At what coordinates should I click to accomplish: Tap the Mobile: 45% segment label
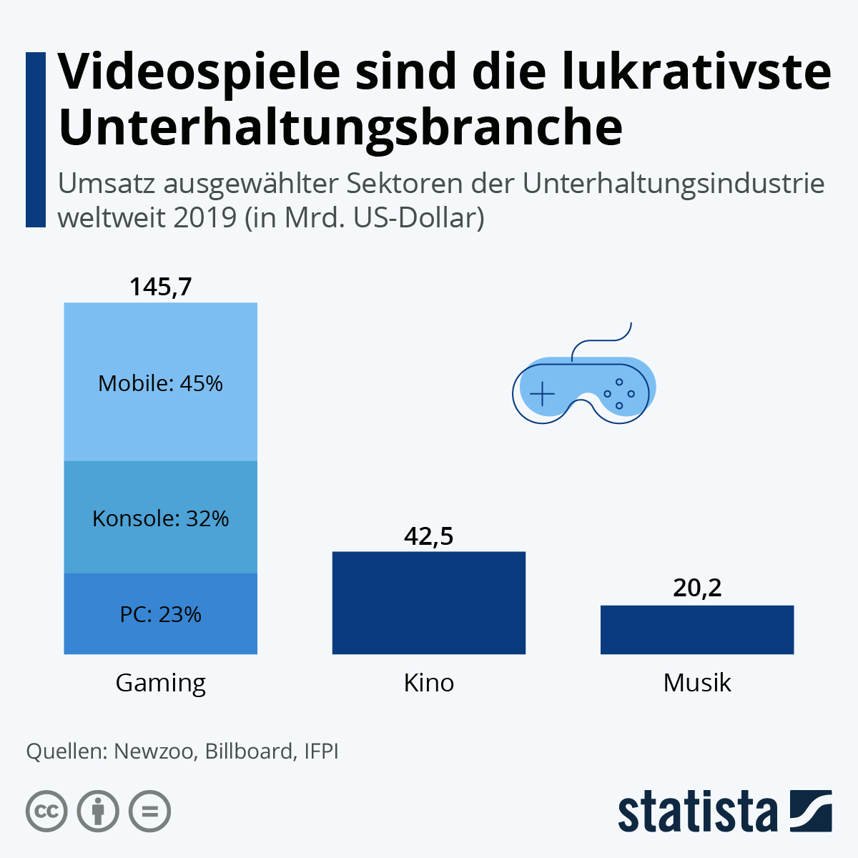[160, 384]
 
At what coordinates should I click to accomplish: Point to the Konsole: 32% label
[160, 518]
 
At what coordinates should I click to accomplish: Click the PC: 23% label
[160, 614]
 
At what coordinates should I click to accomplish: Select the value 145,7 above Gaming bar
[160, 287]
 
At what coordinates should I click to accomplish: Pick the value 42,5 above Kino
[429, 536]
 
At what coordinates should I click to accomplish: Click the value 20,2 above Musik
[697, 588]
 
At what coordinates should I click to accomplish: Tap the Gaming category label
[160, 683]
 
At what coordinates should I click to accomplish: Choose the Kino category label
[429, 683]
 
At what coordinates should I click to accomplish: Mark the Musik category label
[697, 683]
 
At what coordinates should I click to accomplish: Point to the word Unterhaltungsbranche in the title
[340, 127]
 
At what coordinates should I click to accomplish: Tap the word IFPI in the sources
[321, 751]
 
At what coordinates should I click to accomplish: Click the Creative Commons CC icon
[46, 812]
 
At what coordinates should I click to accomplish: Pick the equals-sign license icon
[149, 812]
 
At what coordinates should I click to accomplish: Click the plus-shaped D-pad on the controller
[543, 393]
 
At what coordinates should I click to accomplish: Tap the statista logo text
[697, 812]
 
